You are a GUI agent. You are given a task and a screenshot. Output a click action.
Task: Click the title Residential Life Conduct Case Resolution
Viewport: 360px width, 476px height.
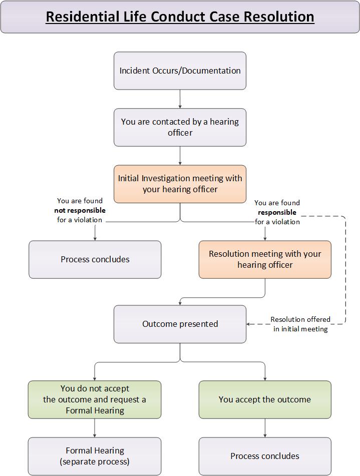click(x=180, y=17)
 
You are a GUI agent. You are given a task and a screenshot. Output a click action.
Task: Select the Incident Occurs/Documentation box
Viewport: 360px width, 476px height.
click(x=180, y=71)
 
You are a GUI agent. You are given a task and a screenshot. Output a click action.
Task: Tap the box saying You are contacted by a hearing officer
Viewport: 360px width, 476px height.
click(x=180, y=127)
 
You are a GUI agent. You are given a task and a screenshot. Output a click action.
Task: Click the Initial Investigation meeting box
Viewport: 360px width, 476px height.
click(x=180, y=184)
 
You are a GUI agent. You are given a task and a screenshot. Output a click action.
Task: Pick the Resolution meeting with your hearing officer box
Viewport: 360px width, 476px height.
click(x=265, y=259)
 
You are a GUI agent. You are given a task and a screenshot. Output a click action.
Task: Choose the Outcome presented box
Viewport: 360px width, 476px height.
click(x=180, y=324)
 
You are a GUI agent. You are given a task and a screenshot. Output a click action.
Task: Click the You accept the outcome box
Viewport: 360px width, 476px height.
click(x=265, y=399)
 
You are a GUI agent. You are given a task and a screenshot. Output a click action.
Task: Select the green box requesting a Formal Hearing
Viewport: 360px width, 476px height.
click(x=95, y=399)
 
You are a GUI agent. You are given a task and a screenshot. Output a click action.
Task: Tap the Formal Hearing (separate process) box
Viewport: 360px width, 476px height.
click(x=95, y=456)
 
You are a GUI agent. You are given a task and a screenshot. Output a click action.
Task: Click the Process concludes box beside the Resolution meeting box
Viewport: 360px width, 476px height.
click(x=95, y=259)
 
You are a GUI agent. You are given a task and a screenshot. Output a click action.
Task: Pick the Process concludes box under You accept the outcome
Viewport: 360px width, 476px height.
click(x=265, y=456)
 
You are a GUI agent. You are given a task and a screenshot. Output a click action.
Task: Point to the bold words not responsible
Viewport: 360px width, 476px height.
click(x=80, y=210)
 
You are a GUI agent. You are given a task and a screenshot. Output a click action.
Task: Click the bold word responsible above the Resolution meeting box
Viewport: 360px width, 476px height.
click(x=277, y=212)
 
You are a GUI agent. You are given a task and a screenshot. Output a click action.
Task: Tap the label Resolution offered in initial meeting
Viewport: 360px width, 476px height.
click(x=300, y=324)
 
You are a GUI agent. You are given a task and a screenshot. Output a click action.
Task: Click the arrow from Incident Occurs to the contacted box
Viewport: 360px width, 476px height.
click(x=180, y=99)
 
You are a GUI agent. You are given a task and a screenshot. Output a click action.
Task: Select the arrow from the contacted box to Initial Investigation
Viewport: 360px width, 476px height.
click(x=180, y=156)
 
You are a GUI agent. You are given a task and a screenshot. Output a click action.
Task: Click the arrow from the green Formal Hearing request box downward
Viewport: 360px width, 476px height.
click(x=95, y=428)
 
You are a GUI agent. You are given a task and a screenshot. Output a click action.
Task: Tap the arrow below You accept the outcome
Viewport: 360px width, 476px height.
click(x=265, y=428)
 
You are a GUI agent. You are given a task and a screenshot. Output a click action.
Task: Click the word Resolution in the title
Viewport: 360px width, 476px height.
click(x=279, y=17)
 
